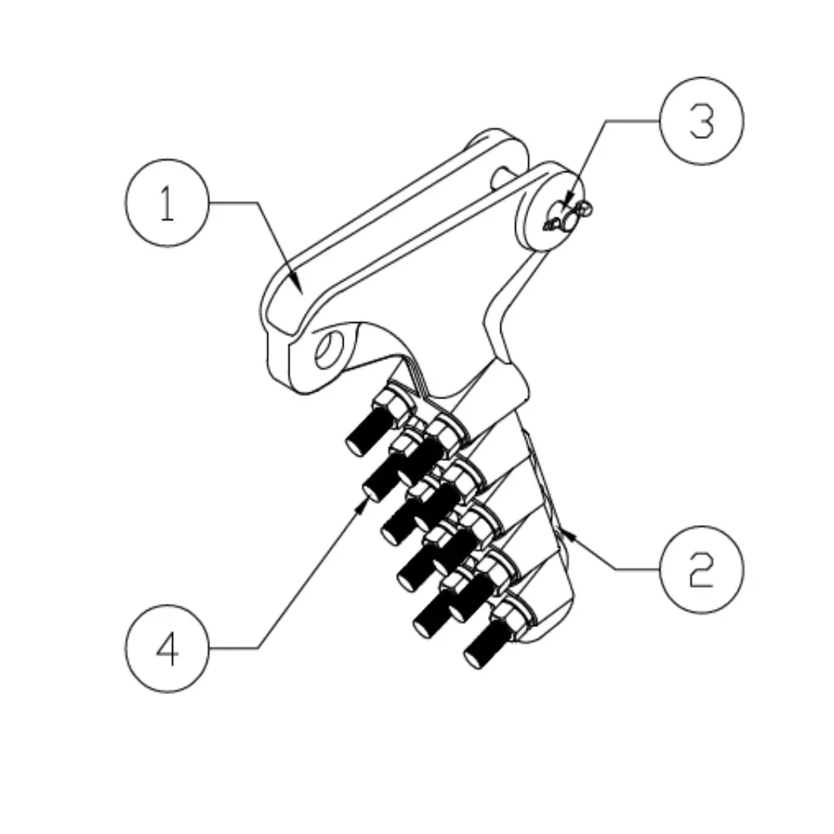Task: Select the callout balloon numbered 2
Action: pyautogui.click(x=701, y=569)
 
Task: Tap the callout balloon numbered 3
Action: pyautogui.click(x=701, y=120)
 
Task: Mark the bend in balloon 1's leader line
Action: pyautogui.click(x=256, y=203)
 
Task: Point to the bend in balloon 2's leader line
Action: pyautogui.click(x=615, y=569)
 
